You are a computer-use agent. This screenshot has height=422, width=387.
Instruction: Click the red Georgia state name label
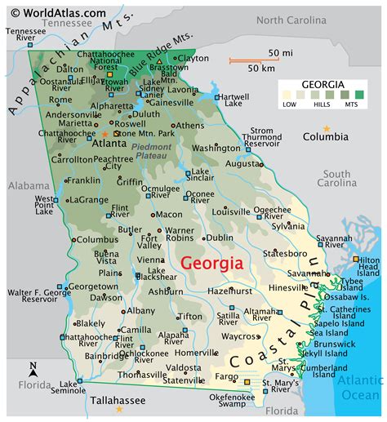pos(211,264)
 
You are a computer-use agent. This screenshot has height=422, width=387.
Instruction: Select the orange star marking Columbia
pos(327,129)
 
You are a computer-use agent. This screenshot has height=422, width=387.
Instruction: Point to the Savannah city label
pos(309,273)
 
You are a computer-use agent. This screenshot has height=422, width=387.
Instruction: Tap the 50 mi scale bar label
pos(269,53)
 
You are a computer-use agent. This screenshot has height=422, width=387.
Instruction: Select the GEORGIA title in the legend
pos(322,84)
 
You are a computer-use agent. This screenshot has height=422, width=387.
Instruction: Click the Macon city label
pos(169,214)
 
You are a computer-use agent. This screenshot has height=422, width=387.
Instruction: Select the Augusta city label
pos(242,163)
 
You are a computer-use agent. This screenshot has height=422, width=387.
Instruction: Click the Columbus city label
pos(97,239)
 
